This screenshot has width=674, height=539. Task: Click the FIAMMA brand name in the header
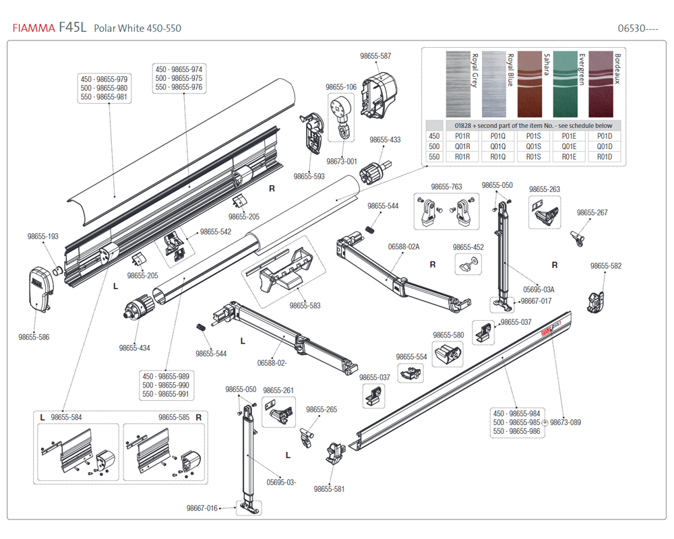(33, 28)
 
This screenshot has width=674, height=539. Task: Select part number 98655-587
(375, 57)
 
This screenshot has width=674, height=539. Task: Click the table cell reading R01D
(605, 157)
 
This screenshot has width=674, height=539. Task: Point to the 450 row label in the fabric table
(435, 136)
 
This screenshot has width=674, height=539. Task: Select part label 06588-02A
(404, 247)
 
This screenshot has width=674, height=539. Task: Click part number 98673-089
(565, 422)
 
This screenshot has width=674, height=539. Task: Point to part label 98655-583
(305, 305)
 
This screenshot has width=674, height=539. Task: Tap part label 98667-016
(202, 508)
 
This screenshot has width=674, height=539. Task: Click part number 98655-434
(135, 348)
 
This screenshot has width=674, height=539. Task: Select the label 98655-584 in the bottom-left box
(66, 418)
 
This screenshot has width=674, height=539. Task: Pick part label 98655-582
(606, 266)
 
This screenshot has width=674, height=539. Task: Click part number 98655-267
(592, 213)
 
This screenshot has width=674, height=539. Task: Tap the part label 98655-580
(448, 335)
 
